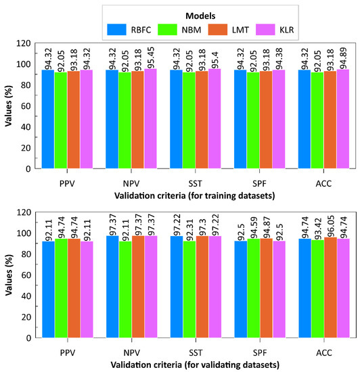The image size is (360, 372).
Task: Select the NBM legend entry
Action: (x=179, y=29)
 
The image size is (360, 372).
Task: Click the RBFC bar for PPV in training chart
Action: (x=48, y=118)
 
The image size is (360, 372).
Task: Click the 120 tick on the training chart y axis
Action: (x=22, y=43)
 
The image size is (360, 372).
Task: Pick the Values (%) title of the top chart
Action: (x=9, y=106)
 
